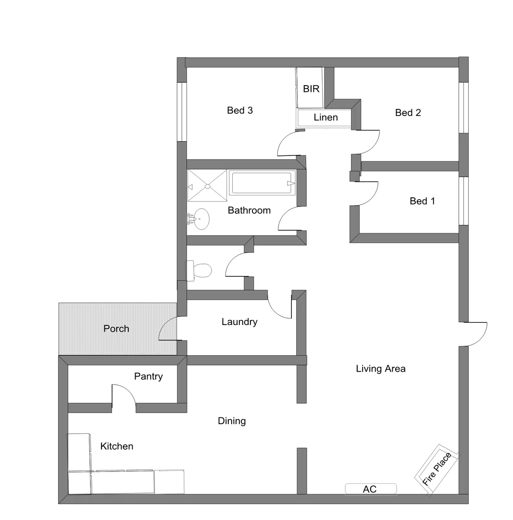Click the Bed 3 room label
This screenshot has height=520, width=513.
click(240, 111)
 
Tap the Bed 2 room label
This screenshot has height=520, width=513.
click(408, 113)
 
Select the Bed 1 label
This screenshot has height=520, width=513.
click(422, 201)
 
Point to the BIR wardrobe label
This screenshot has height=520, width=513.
click(311, 89)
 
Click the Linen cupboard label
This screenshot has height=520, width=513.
click(325, 117)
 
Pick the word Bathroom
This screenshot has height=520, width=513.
click(249, 210)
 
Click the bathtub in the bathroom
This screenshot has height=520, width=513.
click(262, 183)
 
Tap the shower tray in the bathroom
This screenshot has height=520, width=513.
click(207, 185)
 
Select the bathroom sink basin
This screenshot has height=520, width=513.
click(200, 219)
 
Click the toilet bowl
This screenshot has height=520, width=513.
click(202, 271)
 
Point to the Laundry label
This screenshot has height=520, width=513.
click(239, 322)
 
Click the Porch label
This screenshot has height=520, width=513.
click(116, 329)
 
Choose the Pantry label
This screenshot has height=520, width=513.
click(148, 377)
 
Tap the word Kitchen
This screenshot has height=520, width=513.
click(117, 447)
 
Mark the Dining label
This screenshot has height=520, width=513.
click(232, 421)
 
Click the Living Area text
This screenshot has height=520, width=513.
click(381, 369)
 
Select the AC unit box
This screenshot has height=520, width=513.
click(371, 489)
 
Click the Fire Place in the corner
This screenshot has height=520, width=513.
click(437, 469)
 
